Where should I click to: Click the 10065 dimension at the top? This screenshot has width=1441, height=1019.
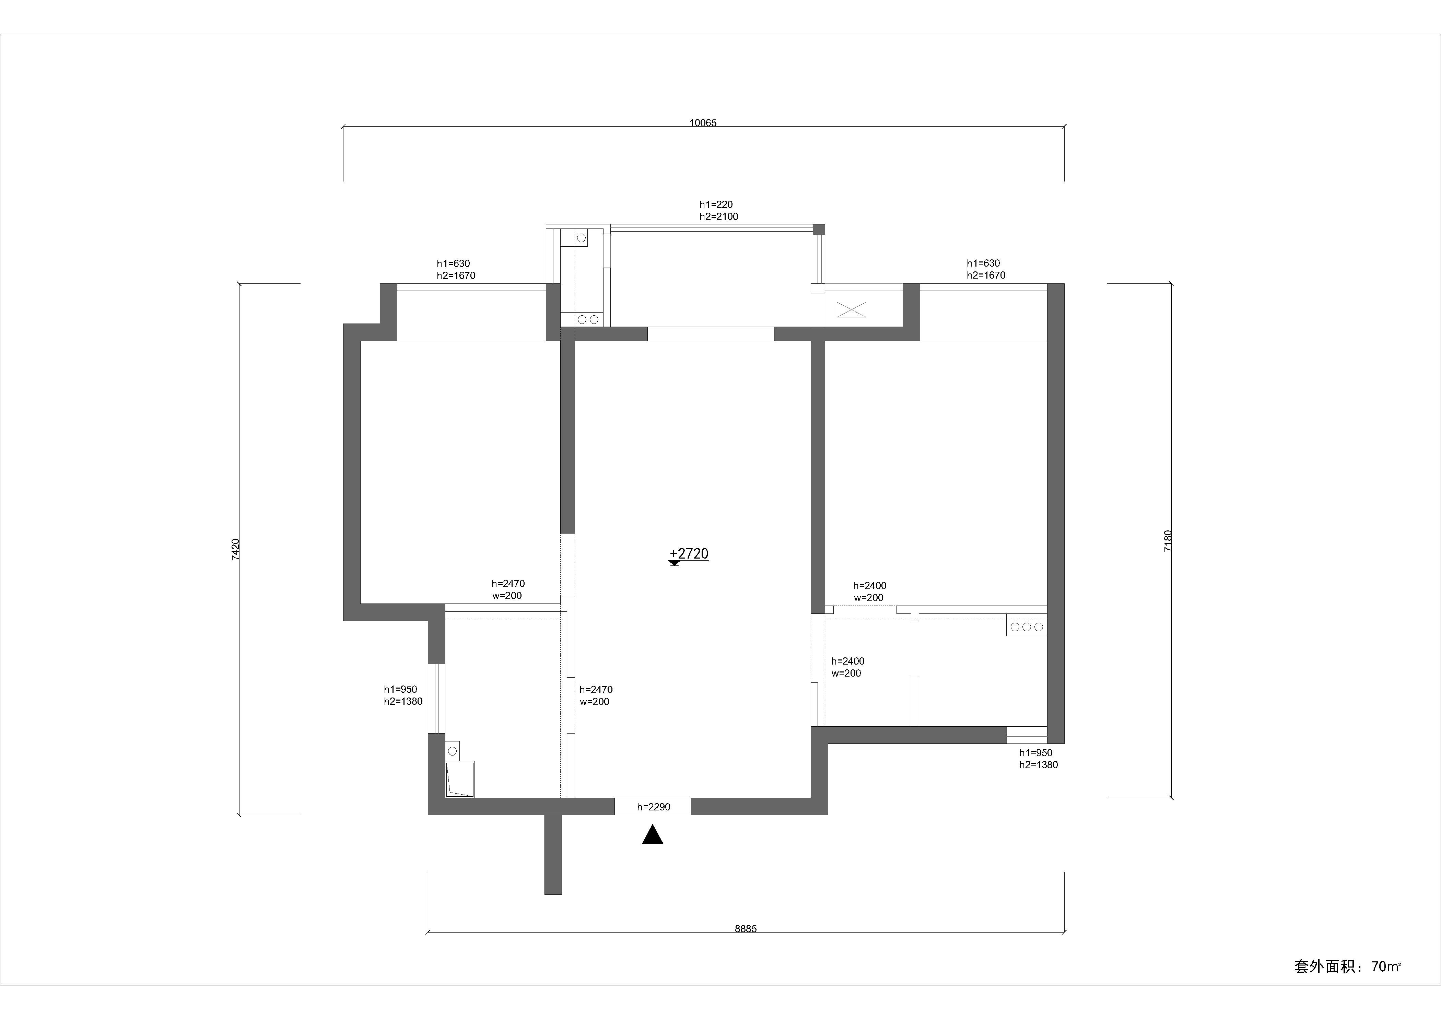pyautogui.click(x=703, y=123)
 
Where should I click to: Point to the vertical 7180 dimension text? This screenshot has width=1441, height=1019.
pyautogui.click(x=1167, y=541)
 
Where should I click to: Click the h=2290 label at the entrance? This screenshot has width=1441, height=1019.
pyautogui.click(x=653, y=807)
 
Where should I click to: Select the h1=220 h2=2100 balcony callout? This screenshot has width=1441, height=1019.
pyautogui.click(x=719, y=210)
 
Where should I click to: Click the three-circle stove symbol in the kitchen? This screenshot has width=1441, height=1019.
pyautogui.click(x=1027, y=627)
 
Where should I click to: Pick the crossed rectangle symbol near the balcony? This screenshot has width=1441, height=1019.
pyautogui.click(x=851, y=309)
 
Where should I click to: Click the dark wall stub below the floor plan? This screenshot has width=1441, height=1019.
pyautogui.click(x=553, y=855)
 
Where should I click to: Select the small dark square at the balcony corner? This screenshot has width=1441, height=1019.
pyautogui.click(x=818, y=229)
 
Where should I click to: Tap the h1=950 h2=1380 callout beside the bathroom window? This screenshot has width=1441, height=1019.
pyautogui.click(x=403, y=695)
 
